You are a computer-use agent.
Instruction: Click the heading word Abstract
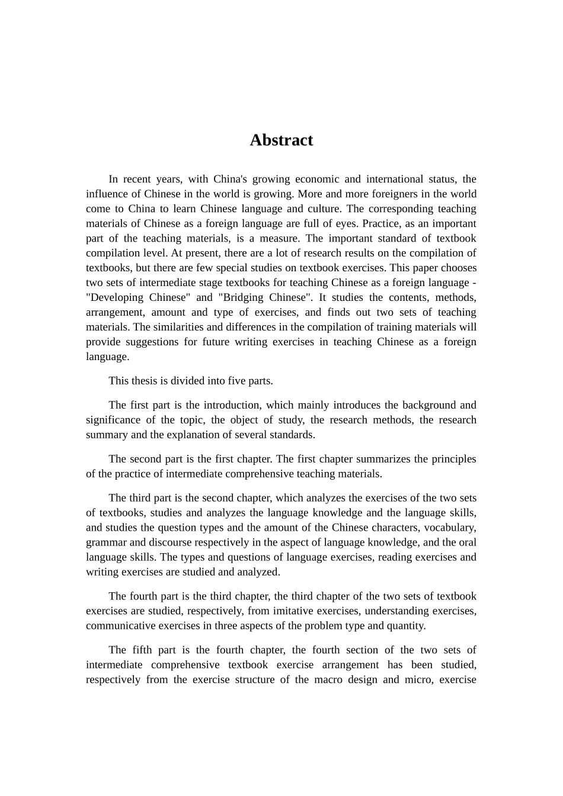coord(281,140)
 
